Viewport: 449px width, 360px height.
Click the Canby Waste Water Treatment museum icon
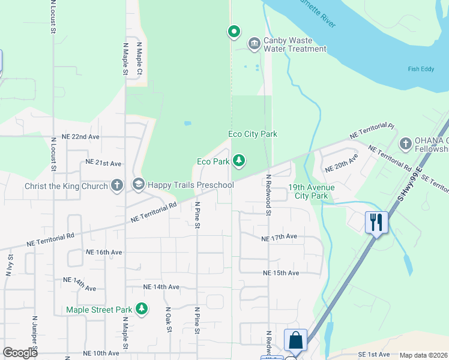[254, 43]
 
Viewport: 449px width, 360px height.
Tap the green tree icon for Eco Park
[239, 160]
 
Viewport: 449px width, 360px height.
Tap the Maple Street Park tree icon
[141, 309]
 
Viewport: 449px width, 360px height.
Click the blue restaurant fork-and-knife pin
[376, 222]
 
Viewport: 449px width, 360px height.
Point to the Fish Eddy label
[421, 69]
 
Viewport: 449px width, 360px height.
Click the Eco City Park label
[253, 134]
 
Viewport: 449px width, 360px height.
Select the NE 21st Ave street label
[103, 163]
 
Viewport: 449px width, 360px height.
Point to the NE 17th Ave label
[279, 238]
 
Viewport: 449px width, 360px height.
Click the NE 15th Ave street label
[281, 273]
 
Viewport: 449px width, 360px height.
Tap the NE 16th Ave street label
[104, 253]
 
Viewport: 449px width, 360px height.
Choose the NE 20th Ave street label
[341, 162]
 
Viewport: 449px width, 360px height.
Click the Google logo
[20, 353]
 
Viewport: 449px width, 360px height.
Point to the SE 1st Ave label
[373, 355]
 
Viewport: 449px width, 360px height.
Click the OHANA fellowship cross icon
[405, 143]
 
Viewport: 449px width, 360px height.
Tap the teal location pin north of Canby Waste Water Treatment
[234, 31]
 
